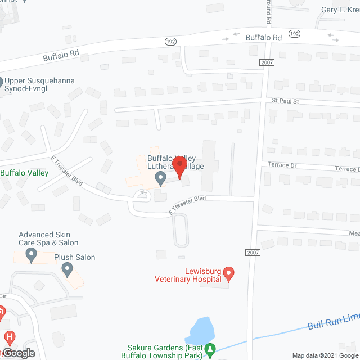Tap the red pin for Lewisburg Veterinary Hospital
[x=228, y=274]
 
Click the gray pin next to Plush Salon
[x=67, y=271]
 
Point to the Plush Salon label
[x=74, y=258]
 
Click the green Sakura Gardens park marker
[x=210, y=350]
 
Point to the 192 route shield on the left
[x=170, y=42]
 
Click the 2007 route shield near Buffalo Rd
[x=267, y=62]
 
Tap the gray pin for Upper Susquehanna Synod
[x=2, y=82]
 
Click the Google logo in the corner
[x=18, y=353]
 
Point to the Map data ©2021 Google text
[x=324, y=355]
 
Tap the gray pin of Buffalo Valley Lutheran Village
[x=160, y=179]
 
